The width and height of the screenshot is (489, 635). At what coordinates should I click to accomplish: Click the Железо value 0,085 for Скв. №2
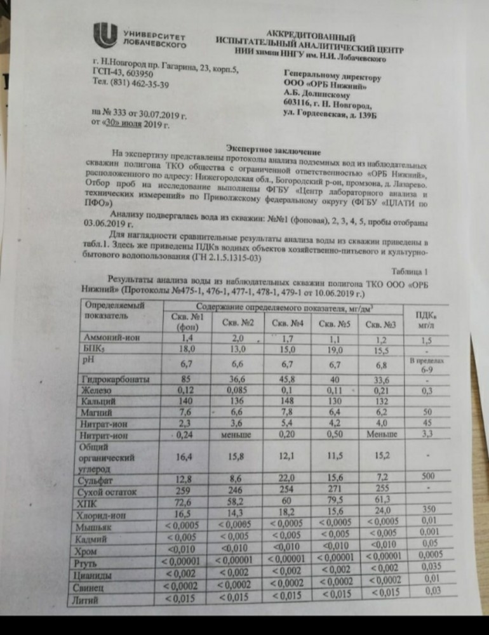click(230, 390)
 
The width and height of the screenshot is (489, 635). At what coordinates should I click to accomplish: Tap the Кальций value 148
click(286, 401)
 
